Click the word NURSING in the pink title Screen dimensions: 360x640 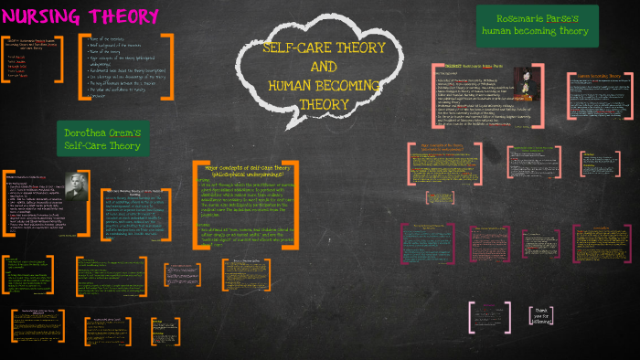pyautogui.click(x=42, y=16)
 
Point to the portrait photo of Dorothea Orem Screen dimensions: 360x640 pyautogui.click(x=73, y=191)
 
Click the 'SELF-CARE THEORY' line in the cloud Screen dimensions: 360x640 pyautogui.click(x=324, y=48)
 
